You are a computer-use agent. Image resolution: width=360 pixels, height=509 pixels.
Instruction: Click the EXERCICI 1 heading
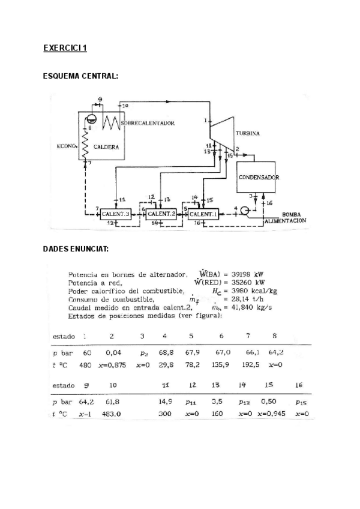coord(65,49)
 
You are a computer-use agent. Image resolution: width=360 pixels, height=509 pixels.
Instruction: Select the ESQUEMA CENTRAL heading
coord(80,76)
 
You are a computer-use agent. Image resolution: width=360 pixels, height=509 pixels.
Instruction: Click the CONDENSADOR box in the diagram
coord(259,178)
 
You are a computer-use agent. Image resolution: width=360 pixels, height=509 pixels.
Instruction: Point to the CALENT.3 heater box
coord(116,214)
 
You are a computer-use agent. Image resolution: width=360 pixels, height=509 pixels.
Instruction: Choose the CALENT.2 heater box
coord(160,214)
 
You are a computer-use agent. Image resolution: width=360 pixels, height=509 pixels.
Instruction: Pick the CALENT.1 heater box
coord(203,214)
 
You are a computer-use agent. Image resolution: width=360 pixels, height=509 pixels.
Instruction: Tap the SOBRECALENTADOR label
coord(148,124)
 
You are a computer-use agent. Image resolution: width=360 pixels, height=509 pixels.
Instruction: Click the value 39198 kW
coord(246,274)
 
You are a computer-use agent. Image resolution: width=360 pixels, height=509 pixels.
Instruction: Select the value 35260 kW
coord(246,282)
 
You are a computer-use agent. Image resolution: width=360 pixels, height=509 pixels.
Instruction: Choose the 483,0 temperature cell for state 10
coord(113,414)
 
